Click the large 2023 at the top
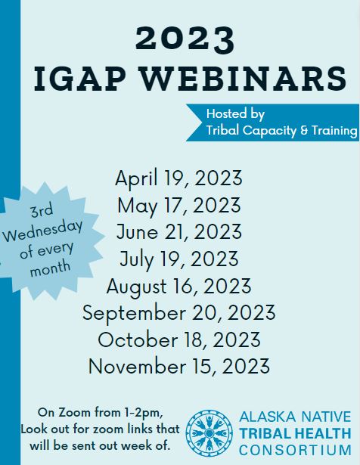click(x=185, y=40)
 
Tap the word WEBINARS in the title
click(x=244, y=79)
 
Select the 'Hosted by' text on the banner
click(x=235, y=114)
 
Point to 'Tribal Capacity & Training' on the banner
click(x=281, y=131)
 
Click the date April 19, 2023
click(x=178, y=178)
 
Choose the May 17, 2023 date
click(x=178, y=205)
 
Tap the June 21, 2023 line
click(x=178, y=231)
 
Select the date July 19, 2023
click(x=178, y=259)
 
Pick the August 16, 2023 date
click(x=178, y=286)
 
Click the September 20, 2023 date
click(x=178, y=313)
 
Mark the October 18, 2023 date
click(x=178, y=339)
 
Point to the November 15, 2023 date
click(x=178, y=366)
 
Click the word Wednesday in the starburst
click(x=42, y=231)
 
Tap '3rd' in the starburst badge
click(x=42, y=210)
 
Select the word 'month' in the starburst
click(x=50, y=268)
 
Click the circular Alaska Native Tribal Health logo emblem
click(x=209, y=433)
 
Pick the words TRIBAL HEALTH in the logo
click(x=295, y=433)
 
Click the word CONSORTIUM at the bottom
click(x=295, y=450)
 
